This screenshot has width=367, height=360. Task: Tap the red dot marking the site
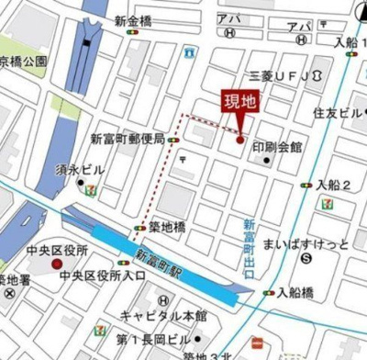tap(240, 140)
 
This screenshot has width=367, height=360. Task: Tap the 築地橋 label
tap(167, 225)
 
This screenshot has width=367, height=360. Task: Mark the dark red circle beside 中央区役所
tap(56, 264)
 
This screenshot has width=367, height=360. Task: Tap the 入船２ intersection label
tap(335, 185)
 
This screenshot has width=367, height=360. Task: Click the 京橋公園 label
tap(23, 62)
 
